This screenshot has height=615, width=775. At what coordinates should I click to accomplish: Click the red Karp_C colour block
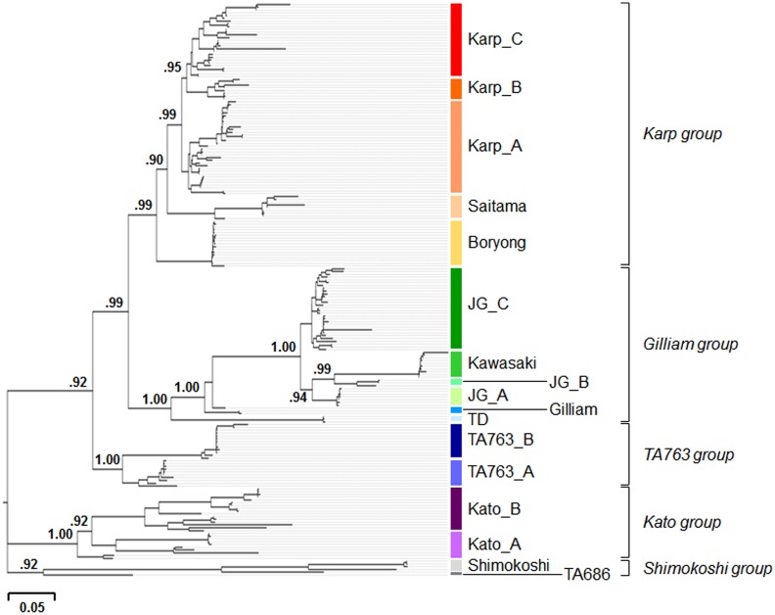pos(456,39)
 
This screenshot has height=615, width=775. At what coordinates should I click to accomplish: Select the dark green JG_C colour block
pos(456,307)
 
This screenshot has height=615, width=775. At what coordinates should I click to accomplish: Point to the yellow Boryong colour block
pos(456,242)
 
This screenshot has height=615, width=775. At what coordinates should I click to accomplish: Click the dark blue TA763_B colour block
pos(456,440)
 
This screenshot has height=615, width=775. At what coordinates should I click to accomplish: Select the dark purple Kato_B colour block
pos(456,507)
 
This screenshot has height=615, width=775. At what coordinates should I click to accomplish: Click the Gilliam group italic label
pos(693,344)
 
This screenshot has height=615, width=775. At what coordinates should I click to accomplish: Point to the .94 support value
pos(302,397)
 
